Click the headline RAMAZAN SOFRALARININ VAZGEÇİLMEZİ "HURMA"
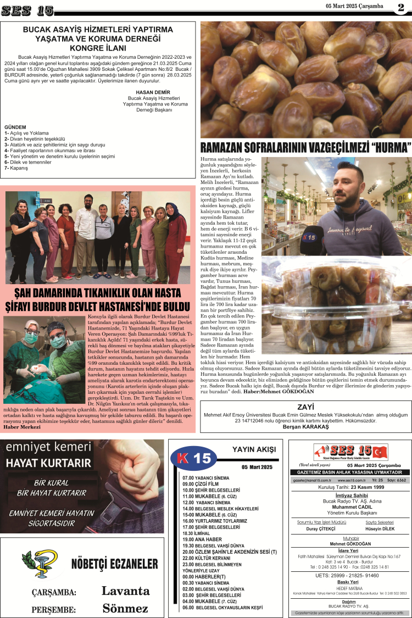(x=306, y=148)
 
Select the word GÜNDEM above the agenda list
(x=15, y=126)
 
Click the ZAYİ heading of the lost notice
(x=305, y=407)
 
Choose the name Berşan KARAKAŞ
(x=305, y=426)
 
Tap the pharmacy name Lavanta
(x=125, y=591)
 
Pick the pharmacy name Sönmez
(x=125, y=608)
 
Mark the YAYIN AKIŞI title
(x=253, y=449)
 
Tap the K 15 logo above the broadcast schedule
(x=194, y=458)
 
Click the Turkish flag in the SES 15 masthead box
(x=378, y=452)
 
